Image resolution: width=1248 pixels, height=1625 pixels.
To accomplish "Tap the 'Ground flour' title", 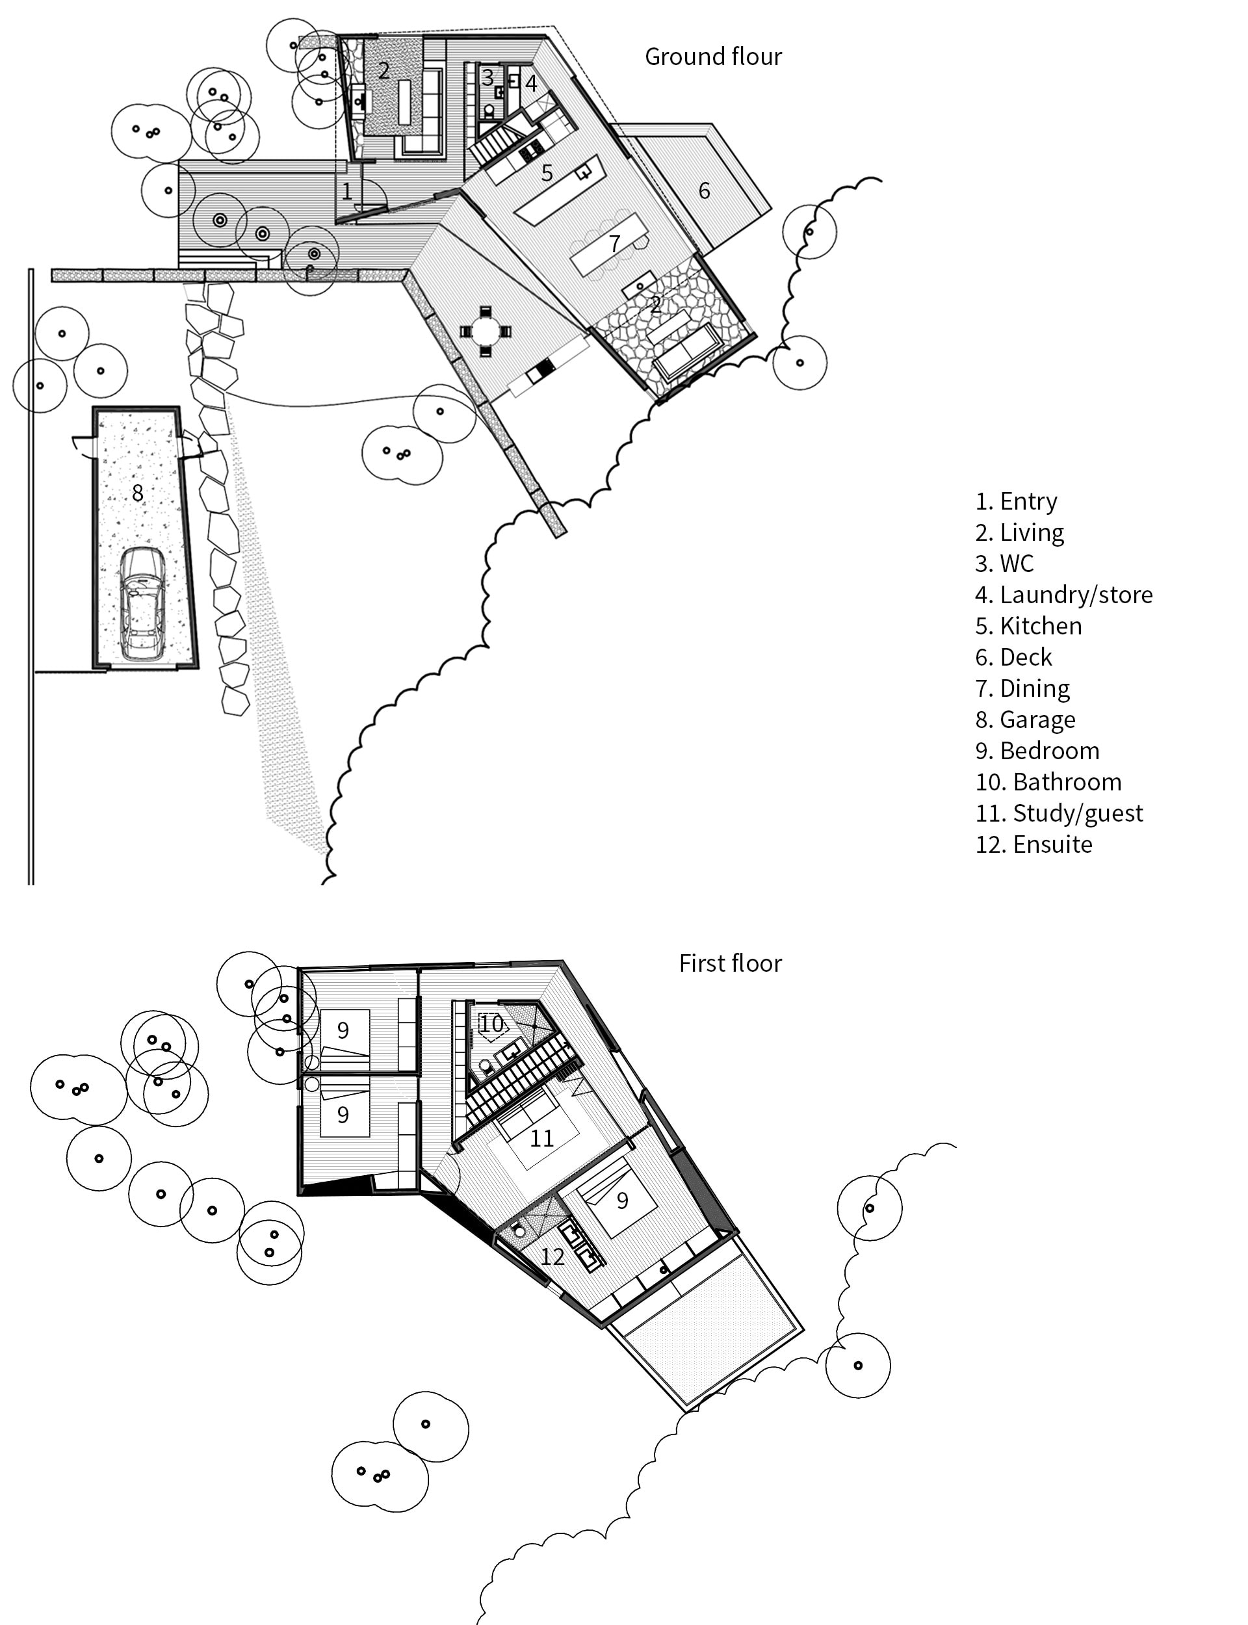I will pos(712,57).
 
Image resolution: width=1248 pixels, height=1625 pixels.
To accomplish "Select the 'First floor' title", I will pos(729,963).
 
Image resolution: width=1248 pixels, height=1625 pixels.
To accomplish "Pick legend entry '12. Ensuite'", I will pos(1033,844).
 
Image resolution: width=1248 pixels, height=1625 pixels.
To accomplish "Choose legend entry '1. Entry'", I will pos(1015,501).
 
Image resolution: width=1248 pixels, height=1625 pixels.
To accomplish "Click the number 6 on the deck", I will pos(703,191).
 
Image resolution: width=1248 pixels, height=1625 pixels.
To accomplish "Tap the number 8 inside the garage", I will pos(137,493).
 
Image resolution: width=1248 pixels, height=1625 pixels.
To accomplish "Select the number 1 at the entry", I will pos(346,192).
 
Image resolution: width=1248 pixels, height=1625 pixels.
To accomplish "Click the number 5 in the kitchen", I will pos(547,173).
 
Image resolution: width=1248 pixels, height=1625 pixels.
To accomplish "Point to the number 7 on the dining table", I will pos(614,244).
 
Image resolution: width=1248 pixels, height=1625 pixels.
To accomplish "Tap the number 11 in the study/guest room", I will pos(541,1139).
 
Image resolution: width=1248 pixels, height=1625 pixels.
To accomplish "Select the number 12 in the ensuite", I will pos(552,1256).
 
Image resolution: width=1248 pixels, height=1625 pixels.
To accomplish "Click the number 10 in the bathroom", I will pos(491,1024).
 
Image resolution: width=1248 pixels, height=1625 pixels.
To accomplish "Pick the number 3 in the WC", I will pos(487,77).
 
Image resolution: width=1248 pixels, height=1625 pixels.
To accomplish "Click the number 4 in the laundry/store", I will pos(530,83).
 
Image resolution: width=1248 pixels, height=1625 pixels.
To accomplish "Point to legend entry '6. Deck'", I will pos(1013,657).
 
